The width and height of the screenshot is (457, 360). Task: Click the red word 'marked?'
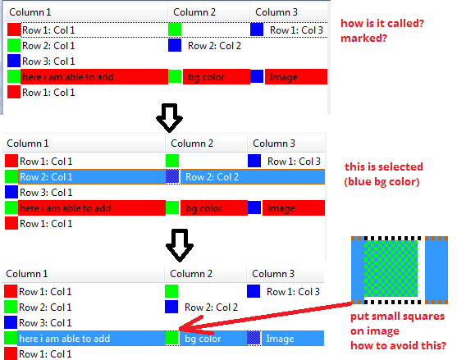(363, 39)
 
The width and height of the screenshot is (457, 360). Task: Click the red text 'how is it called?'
(382, 23)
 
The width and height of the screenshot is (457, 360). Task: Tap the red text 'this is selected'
(383, 167)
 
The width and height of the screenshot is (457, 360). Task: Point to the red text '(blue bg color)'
(382, 182)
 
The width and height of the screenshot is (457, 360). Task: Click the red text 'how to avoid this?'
(398, 346)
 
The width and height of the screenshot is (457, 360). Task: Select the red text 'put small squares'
(397, 317)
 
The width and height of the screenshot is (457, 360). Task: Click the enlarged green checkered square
(391, 268)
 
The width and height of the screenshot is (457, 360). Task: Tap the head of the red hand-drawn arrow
(181, 328)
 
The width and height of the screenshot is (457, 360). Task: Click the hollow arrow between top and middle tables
(169, 118)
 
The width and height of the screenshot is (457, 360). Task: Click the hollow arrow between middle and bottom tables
(180, 245)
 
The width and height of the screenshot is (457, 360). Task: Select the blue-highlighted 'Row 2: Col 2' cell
(253, 177)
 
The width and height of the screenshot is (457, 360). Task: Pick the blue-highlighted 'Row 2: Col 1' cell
(92, 177)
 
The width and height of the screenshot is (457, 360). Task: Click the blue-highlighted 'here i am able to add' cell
(91, 339)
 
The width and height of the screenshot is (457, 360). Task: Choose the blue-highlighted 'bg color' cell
(213, 339)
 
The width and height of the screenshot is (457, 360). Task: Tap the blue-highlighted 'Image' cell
(293, 339)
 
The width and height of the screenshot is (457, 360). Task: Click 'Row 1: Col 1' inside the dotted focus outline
(48, 30)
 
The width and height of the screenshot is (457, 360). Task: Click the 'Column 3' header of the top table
(276, 12)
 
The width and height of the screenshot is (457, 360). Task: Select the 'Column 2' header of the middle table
(192, 144)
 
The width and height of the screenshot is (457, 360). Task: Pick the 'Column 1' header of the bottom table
(27, 274)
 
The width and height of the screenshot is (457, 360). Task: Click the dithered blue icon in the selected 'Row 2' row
(172, 177)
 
